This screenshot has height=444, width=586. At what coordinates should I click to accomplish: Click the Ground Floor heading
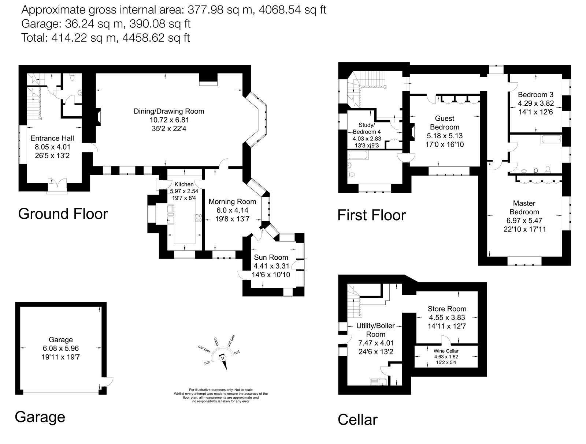[x=63, y=214]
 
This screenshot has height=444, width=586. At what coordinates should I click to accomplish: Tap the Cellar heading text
[x=357, y=420]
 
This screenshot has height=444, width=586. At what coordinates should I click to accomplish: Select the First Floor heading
[x=371, y=215]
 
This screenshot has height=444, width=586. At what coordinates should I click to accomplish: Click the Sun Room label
[x=271, y=257]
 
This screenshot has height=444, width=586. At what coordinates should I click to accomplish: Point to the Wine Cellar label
[x=446, y=351]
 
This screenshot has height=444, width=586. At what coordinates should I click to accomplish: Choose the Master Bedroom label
[x=524, y=207]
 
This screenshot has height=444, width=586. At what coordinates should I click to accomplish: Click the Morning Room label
[x=232, y=202]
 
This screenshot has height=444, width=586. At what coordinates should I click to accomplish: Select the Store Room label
[x=447, y=309]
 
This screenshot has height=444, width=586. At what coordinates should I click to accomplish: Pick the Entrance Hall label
[x=52, y=138]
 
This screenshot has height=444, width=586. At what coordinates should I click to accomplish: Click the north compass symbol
[x=222, y=358]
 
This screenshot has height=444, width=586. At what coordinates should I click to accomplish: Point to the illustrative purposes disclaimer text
[x=220, y=395]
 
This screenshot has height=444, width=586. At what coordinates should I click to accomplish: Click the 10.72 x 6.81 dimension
[x=169, y=120]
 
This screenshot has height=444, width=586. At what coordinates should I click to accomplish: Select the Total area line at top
[x=105, y=38]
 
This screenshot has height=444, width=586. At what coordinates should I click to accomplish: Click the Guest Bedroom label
[x=444, y=123]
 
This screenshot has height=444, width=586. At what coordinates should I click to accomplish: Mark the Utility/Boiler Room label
[x=376, y=330]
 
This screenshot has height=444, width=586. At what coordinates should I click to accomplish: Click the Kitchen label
[x=184, y=184]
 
